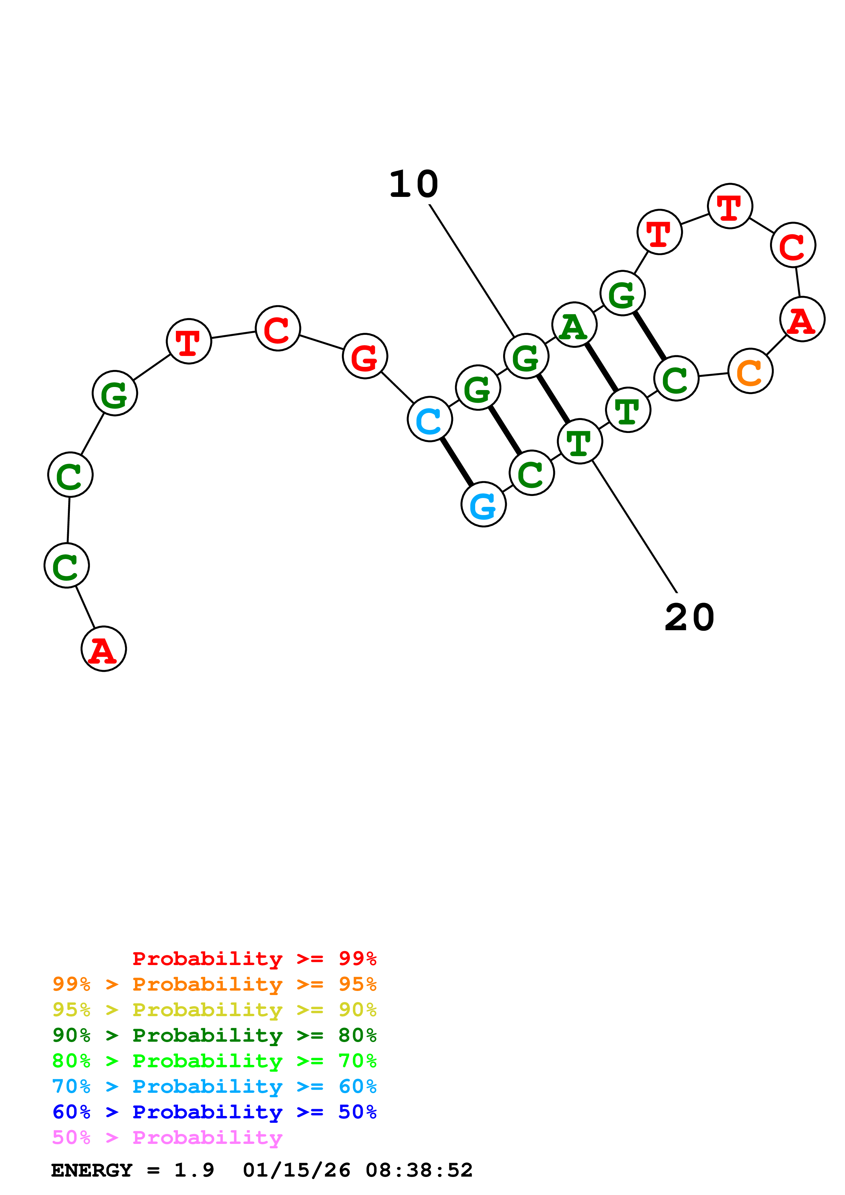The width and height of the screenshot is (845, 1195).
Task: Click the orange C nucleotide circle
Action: point(750,371)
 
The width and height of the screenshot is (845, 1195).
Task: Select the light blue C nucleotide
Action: point(429,419)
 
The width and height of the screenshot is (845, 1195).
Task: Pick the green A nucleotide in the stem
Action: point(574,325)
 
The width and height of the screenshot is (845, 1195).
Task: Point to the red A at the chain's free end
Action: point(104,649)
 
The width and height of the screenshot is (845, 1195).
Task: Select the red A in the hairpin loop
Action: point(802,319)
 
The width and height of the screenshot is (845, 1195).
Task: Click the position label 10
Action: point(414,184)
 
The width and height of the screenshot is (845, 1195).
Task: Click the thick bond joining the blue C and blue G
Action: point(457,462)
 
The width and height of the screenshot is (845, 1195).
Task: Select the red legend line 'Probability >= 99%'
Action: point(254,958)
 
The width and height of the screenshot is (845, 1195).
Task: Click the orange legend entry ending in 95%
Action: point(214,984)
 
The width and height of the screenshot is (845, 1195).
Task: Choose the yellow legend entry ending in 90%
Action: point(214,1010)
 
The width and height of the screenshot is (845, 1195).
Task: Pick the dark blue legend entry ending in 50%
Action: point(214,1112)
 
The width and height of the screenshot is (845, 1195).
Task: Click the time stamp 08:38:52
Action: point(419,1170)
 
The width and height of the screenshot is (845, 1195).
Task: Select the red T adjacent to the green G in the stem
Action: point(659,232)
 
